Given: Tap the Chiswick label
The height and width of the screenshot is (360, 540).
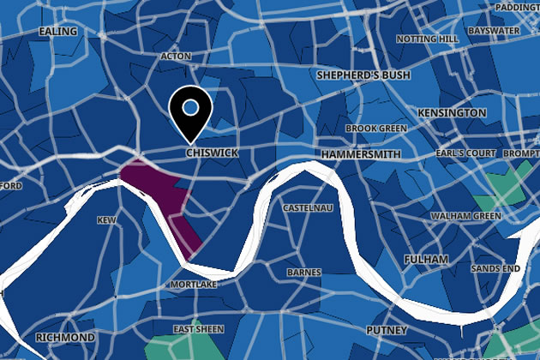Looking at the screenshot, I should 211,153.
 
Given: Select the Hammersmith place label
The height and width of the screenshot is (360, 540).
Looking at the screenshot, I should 361,153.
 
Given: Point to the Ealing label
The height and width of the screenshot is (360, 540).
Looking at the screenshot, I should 58,32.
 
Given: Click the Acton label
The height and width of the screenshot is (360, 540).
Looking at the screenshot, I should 175,57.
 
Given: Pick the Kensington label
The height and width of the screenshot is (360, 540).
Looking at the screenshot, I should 452,112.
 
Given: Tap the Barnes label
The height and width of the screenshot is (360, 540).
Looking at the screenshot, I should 304,273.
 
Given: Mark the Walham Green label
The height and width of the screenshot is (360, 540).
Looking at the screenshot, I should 465,215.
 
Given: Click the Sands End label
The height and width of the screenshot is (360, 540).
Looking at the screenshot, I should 500,268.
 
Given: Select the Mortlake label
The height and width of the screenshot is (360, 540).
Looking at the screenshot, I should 194,283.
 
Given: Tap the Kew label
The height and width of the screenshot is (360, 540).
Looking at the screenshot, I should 107,220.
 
